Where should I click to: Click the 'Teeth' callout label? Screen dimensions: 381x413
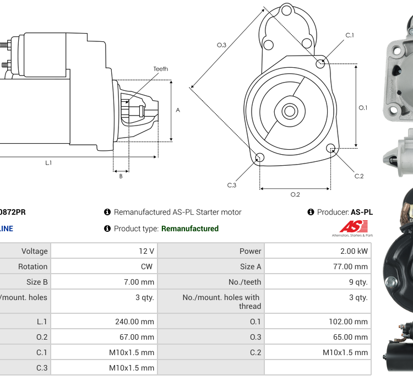(160, 69)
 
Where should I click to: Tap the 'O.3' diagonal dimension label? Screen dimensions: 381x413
(221, 45)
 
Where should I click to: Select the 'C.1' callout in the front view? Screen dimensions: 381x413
(350, 35)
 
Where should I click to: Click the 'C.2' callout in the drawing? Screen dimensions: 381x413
(359, 176)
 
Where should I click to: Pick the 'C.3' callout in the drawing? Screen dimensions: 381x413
(232, 185)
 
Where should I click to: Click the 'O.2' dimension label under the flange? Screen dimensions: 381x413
(295, 194)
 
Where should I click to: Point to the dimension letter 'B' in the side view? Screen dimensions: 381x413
(121, 176)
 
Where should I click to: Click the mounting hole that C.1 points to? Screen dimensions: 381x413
(320, 64)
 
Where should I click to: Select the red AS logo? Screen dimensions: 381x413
(351, 227)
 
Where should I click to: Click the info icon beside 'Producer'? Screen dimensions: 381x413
(311, 212)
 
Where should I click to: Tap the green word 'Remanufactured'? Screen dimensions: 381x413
(189, 228)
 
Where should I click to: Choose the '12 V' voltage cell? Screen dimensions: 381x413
(146, 251)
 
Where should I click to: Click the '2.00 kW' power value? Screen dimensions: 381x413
(354, 251)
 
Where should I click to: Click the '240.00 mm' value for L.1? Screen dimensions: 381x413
(132, 322)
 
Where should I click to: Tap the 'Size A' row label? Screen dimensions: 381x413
(251, 266)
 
